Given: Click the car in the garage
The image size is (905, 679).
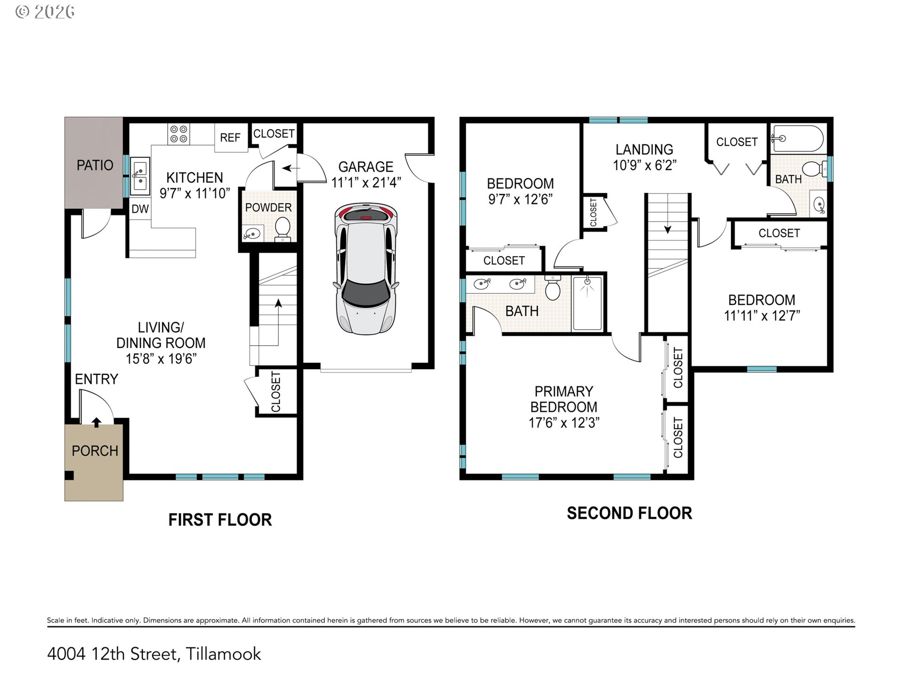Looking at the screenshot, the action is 366,269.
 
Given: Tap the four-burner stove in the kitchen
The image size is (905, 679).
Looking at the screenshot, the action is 179,134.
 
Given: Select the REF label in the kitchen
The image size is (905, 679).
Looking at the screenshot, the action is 230,138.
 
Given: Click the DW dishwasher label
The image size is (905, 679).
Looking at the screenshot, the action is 140,209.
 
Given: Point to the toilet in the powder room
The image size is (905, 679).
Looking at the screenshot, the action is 283,229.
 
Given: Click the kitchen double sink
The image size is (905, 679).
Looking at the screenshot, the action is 140,175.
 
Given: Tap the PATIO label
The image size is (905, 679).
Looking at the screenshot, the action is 95,165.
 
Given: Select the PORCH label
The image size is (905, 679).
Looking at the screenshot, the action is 95,451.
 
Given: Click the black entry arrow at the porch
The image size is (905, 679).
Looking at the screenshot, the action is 96,422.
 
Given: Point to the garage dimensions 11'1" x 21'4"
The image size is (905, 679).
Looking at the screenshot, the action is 366,182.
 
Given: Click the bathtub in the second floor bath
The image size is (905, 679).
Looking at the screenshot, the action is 798,138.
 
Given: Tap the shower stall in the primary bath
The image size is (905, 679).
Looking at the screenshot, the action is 587,303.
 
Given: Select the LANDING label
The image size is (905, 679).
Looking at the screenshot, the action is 644,149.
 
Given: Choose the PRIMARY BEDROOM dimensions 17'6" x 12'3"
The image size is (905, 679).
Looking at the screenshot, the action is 564,422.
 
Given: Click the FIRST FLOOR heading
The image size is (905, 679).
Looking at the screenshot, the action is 220,520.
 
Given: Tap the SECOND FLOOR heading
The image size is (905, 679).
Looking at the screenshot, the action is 629,513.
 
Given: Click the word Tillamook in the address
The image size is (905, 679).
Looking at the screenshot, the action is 223,654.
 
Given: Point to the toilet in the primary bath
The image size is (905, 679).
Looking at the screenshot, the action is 552,288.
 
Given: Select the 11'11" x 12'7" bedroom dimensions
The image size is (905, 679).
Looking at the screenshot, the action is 762,315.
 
